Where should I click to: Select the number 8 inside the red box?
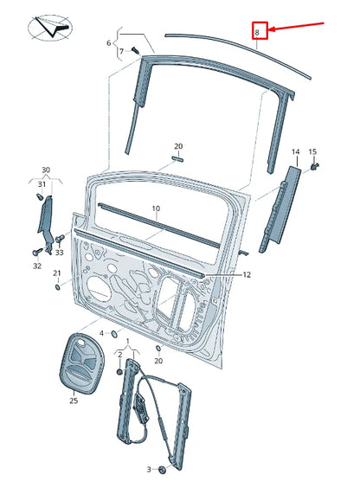(x=257, y=32)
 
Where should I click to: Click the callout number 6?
(x=109, y=42)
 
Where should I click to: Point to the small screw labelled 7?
(x=136, y=52)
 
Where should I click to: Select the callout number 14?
(x=294, y=152)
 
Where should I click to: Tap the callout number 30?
(x=46, y=170)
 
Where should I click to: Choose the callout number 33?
(x=59, y=253)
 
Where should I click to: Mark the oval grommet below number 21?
(x=56, y=287)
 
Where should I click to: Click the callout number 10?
(x=156, y=208)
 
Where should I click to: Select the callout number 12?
(x=246, y=274)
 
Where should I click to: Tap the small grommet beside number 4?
(x=114, y=333)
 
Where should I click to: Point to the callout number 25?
(x=74, y=400)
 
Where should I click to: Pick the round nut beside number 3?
(x=162, y=470)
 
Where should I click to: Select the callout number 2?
(x=119, y=356)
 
